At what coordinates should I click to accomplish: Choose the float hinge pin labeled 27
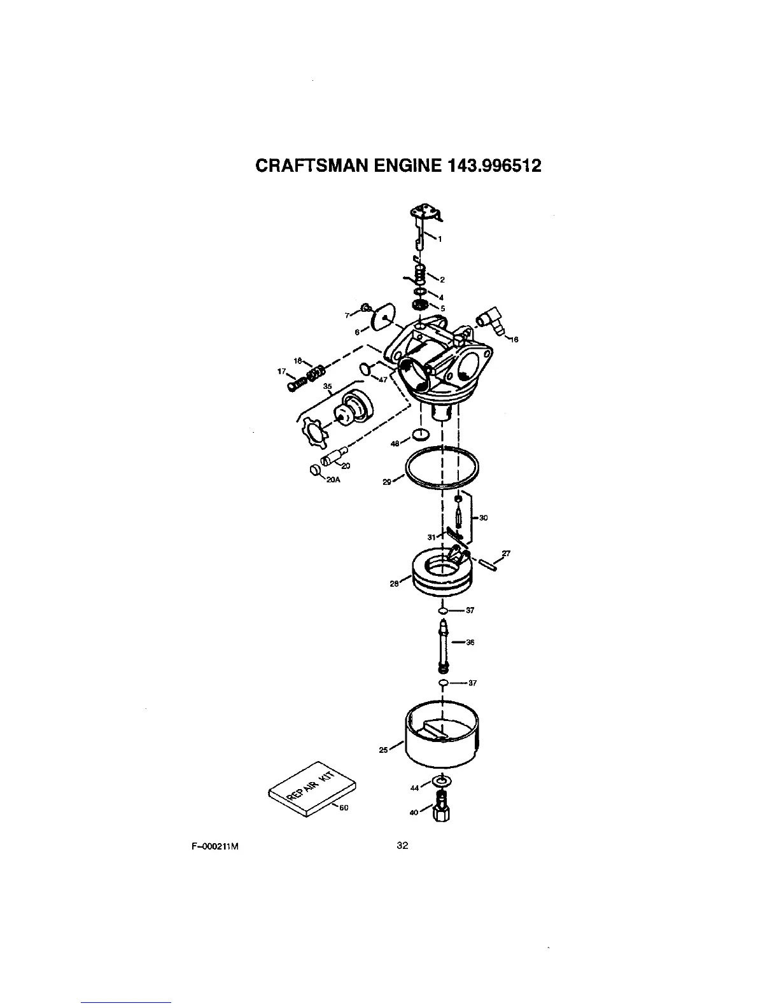pyautogui.click(x=491, y=564)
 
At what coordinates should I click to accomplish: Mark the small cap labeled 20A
pyautogui.click(x=314, y=471)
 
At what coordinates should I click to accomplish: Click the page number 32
pyautogui.click(x=402, y=846)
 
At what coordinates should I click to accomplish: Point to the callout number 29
pyautogui.click(x=386, y=482)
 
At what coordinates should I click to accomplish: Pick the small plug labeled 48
pyautogui.click(x=419, y=435)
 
